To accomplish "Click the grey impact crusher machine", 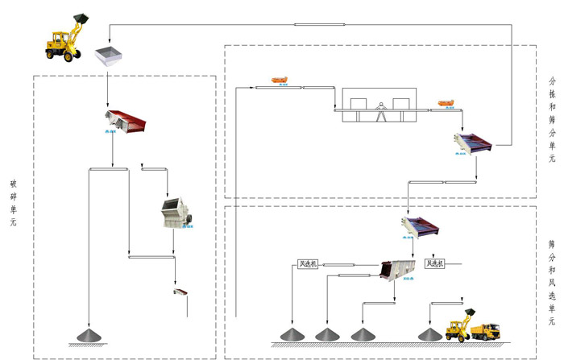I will click(177, 213).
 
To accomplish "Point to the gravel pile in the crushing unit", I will click(85, 333).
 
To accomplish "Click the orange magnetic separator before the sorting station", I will click(280, 79).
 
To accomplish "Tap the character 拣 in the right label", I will click(552, 93).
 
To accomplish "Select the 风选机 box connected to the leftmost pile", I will click(308, 263).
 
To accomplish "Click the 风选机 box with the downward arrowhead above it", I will click(434, 263).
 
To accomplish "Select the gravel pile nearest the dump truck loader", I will click(429, 333).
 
